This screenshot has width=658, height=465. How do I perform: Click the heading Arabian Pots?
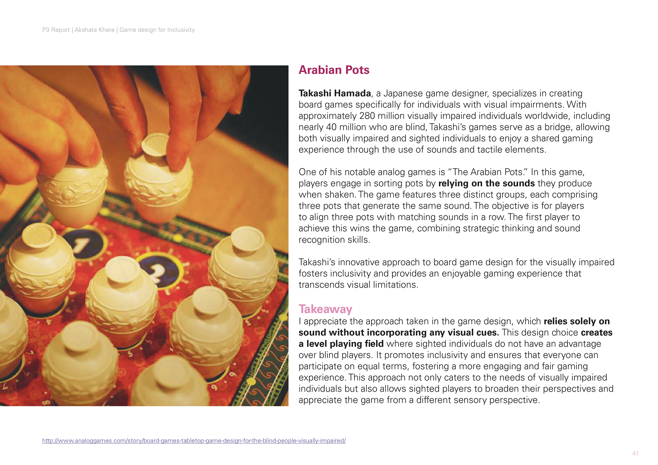(x=334, y=70)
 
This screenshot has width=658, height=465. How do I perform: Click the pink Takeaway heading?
(x=325, y=309)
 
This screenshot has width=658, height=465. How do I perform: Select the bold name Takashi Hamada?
(x=335, y=93)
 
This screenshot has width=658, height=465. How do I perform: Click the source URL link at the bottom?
(x=194, y=441)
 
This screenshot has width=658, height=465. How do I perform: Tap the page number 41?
(x=635, y=453)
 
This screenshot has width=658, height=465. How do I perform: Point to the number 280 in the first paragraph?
(x=367, y=116)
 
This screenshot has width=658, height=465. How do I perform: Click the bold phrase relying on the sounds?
(x=486, y=184)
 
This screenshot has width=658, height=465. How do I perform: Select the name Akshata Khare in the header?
(x=94, y=30)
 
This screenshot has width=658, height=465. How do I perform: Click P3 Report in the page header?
(x=56, y=30)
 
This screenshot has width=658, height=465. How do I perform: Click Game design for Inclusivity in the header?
(x=157, y=30)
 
